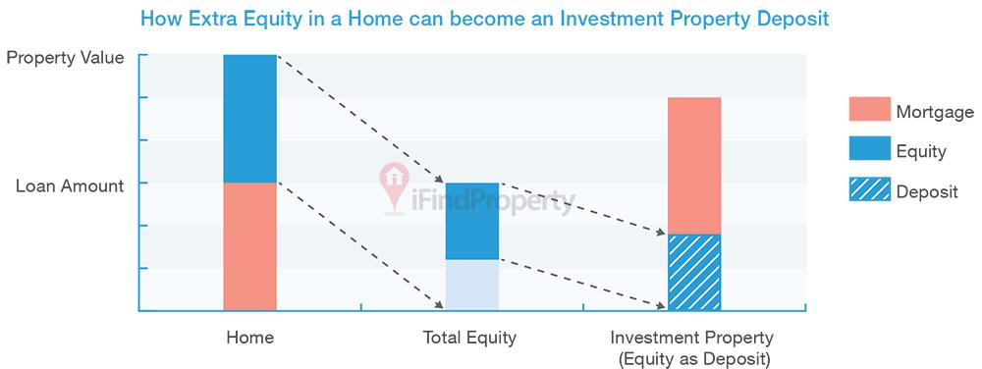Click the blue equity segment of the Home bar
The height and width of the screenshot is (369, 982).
(249, 119)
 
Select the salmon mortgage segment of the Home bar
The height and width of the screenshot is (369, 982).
(249, 246)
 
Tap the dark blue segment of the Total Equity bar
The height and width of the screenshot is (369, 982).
(472, 221)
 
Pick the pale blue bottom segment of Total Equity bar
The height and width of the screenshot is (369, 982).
(472, 286)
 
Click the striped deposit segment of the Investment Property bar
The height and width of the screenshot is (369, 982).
(694, 273)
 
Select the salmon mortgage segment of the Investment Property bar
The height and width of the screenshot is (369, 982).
(694, 166)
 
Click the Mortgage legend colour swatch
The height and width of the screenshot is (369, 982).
(869, 109)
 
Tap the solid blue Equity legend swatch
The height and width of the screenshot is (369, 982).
(869, 148)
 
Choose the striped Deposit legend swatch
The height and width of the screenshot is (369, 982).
(869, 188)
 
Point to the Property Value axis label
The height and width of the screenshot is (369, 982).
(65, 58)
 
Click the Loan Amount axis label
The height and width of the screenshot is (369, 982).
(70, 185)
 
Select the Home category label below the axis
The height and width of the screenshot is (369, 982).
(249, 338)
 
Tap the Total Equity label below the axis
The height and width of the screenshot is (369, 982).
(469, 339)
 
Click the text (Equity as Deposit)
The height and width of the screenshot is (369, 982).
(691, 359)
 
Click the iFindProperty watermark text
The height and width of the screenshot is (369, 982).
(493, 201)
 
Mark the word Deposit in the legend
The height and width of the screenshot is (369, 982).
(928, 192)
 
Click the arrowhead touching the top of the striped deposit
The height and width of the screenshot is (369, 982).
(661, 232)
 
